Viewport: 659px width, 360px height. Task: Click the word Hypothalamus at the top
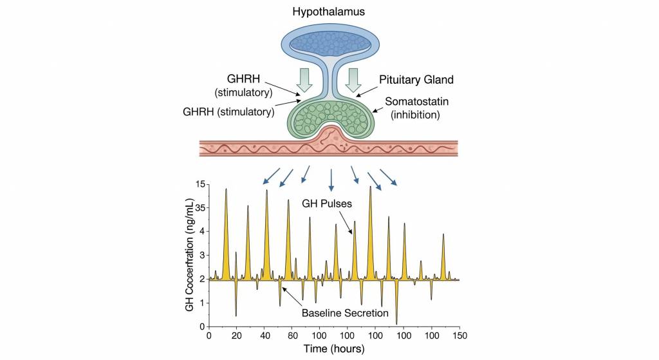[x=329, y=12]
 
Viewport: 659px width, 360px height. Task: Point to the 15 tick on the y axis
[x=200, y=185]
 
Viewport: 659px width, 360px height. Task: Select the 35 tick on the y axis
[x=200, y=208]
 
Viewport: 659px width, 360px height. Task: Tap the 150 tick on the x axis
[x=459, y=336]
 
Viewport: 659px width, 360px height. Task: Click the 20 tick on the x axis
[x=236, y=336]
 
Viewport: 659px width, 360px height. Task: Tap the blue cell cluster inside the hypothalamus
[x=329, y=43]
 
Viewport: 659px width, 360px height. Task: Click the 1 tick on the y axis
[x=201, y=303]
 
